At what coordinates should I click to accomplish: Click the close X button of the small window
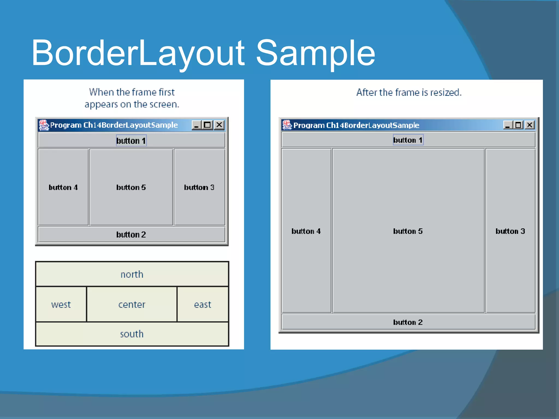click(x=219, y=125)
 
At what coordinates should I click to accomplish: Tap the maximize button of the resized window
click(x=518, y=125)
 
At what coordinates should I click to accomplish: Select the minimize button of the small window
click(x=196, y=125)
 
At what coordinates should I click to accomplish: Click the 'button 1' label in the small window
click(x=131, y=140)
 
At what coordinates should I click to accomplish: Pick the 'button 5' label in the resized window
click(x=408, y=231)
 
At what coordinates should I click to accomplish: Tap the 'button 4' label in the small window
click(x=63, y=187)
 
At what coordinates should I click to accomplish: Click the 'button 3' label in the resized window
click(x=510, y=231)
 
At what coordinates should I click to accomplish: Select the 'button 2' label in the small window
click(x=131, y=235)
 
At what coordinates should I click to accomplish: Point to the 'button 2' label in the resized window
click(x=408, y=322)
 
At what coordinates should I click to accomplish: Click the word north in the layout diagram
click(x=132, y=274)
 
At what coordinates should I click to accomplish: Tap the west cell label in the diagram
click(x=61, y=304)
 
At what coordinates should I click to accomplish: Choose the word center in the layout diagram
click(x=132, y=304)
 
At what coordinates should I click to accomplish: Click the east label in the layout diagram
click(x=203, y=304)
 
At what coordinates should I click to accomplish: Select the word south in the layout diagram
click(x=132, y=334)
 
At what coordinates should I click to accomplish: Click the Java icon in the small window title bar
click(x=43, y=125)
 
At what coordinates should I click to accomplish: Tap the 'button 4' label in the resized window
click(x=306, y=231)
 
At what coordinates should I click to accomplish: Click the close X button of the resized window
click(x=530, y=125)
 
